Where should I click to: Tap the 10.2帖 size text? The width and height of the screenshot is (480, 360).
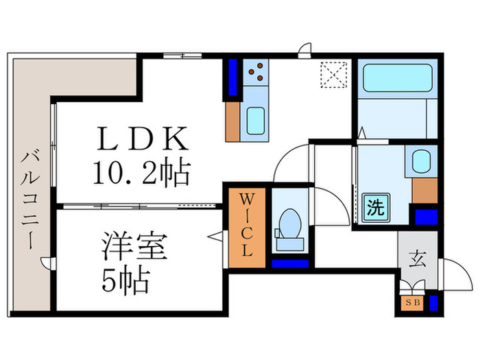[141, 174]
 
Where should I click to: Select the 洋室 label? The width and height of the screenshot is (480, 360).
[135, 247]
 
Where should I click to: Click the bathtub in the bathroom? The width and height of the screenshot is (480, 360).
[396, 79]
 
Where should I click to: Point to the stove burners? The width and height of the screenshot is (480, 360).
[259, 70]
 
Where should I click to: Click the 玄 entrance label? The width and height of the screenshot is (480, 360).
[416, 259]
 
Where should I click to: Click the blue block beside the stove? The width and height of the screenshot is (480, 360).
[232, 77]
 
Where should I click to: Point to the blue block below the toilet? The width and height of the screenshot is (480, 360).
[288, 262]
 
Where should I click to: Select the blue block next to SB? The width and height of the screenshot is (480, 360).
[433, 301]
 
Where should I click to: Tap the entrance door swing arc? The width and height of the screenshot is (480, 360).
[454, 273]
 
